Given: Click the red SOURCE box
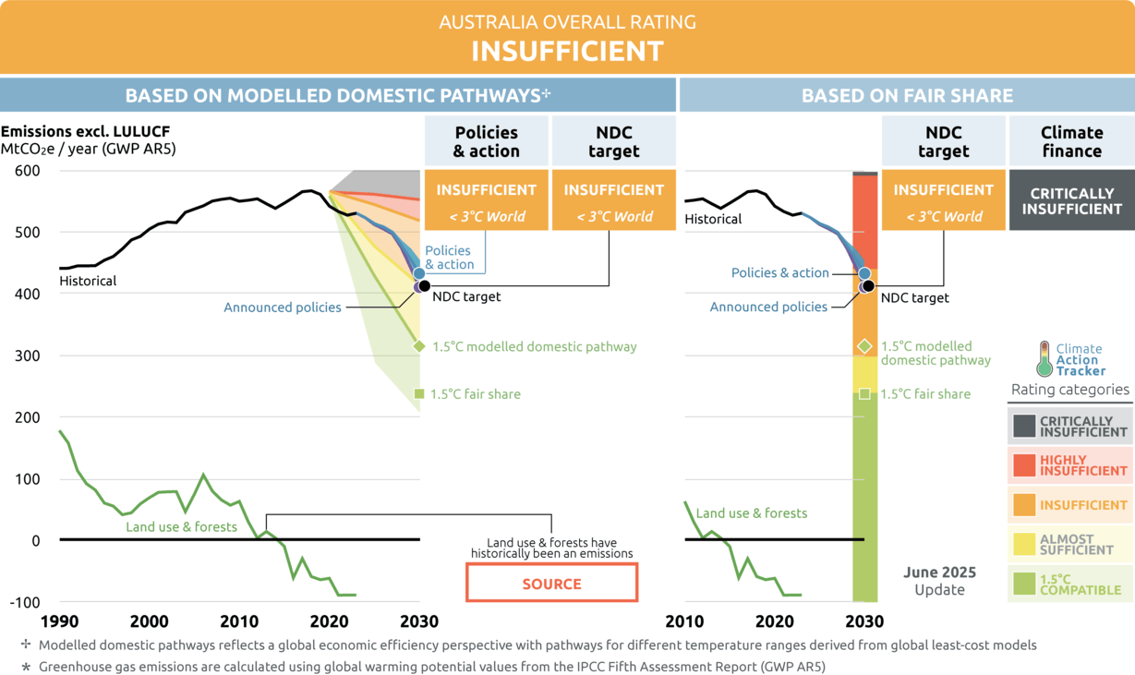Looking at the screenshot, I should click(551, 584).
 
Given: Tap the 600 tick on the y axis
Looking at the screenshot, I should click(27, 171).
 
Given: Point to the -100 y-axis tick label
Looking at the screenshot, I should click(24, 602).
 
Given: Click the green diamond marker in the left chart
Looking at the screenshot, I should click(419, 346).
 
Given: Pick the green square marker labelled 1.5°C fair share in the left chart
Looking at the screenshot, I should click(419, 394).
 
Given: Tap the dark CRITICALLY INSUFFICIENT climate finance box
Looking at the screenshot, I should click(1071, 200).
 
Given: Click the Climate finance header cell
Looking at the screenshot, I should click(1071, 141).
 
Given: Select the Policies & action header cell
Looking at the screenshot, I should click(486, 141).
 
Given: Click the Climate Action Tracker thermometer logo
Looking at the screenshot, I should click(1044, 358).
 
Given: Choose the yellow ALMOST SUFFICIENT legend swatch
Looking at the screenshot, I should click(1024, 544).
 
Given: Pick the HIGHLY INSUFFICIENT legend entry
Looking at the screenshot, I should click(1069, 465).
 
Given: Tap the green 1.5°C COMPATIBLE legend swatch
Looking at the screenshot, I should click(1024, 584).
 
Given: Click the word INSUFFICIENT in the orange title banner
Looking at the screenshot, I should click(567, 51).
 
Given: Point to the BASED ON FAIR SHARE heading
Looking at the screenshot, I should click(907, 95).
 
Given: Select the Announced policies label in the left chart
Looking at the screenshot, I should click(283, 307).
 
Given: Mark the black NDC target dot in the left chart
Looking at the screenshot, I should click(425, 285).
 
